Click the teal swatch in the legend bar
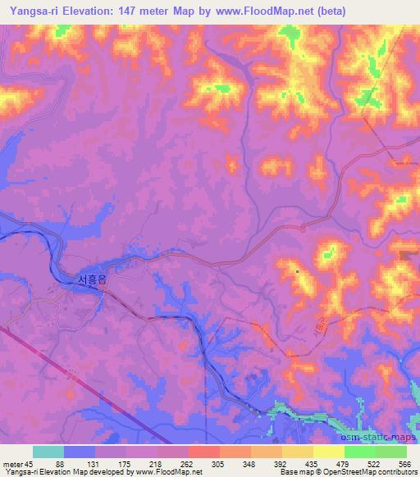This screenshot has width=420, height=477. [x=48, y=452]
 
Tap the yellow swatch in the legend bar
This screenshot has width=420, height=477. [x=329, y=452]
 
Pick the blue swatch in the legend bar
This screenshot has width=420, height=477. [x=80, y=452]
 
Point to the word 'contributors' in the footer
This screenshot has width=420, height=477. [x=395, y=472]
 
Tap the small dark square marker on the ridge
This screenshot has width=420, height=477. [x=297, y=270]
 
